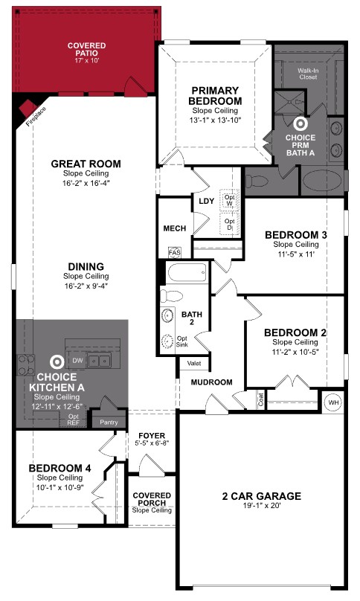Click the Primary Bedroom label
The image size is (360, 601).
point(215,95)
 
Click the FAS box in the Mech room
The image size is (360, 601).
point(176,251)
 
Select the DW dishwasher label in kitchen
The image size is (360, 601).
point(77,360)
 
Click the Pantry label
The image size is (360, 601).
point(108,422)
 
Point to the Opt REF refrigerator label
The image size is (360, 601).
point(74,420)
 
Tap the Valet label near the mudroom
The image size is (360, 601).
point(193,364)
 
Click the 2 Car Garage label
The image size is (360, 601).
point(261,495)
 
